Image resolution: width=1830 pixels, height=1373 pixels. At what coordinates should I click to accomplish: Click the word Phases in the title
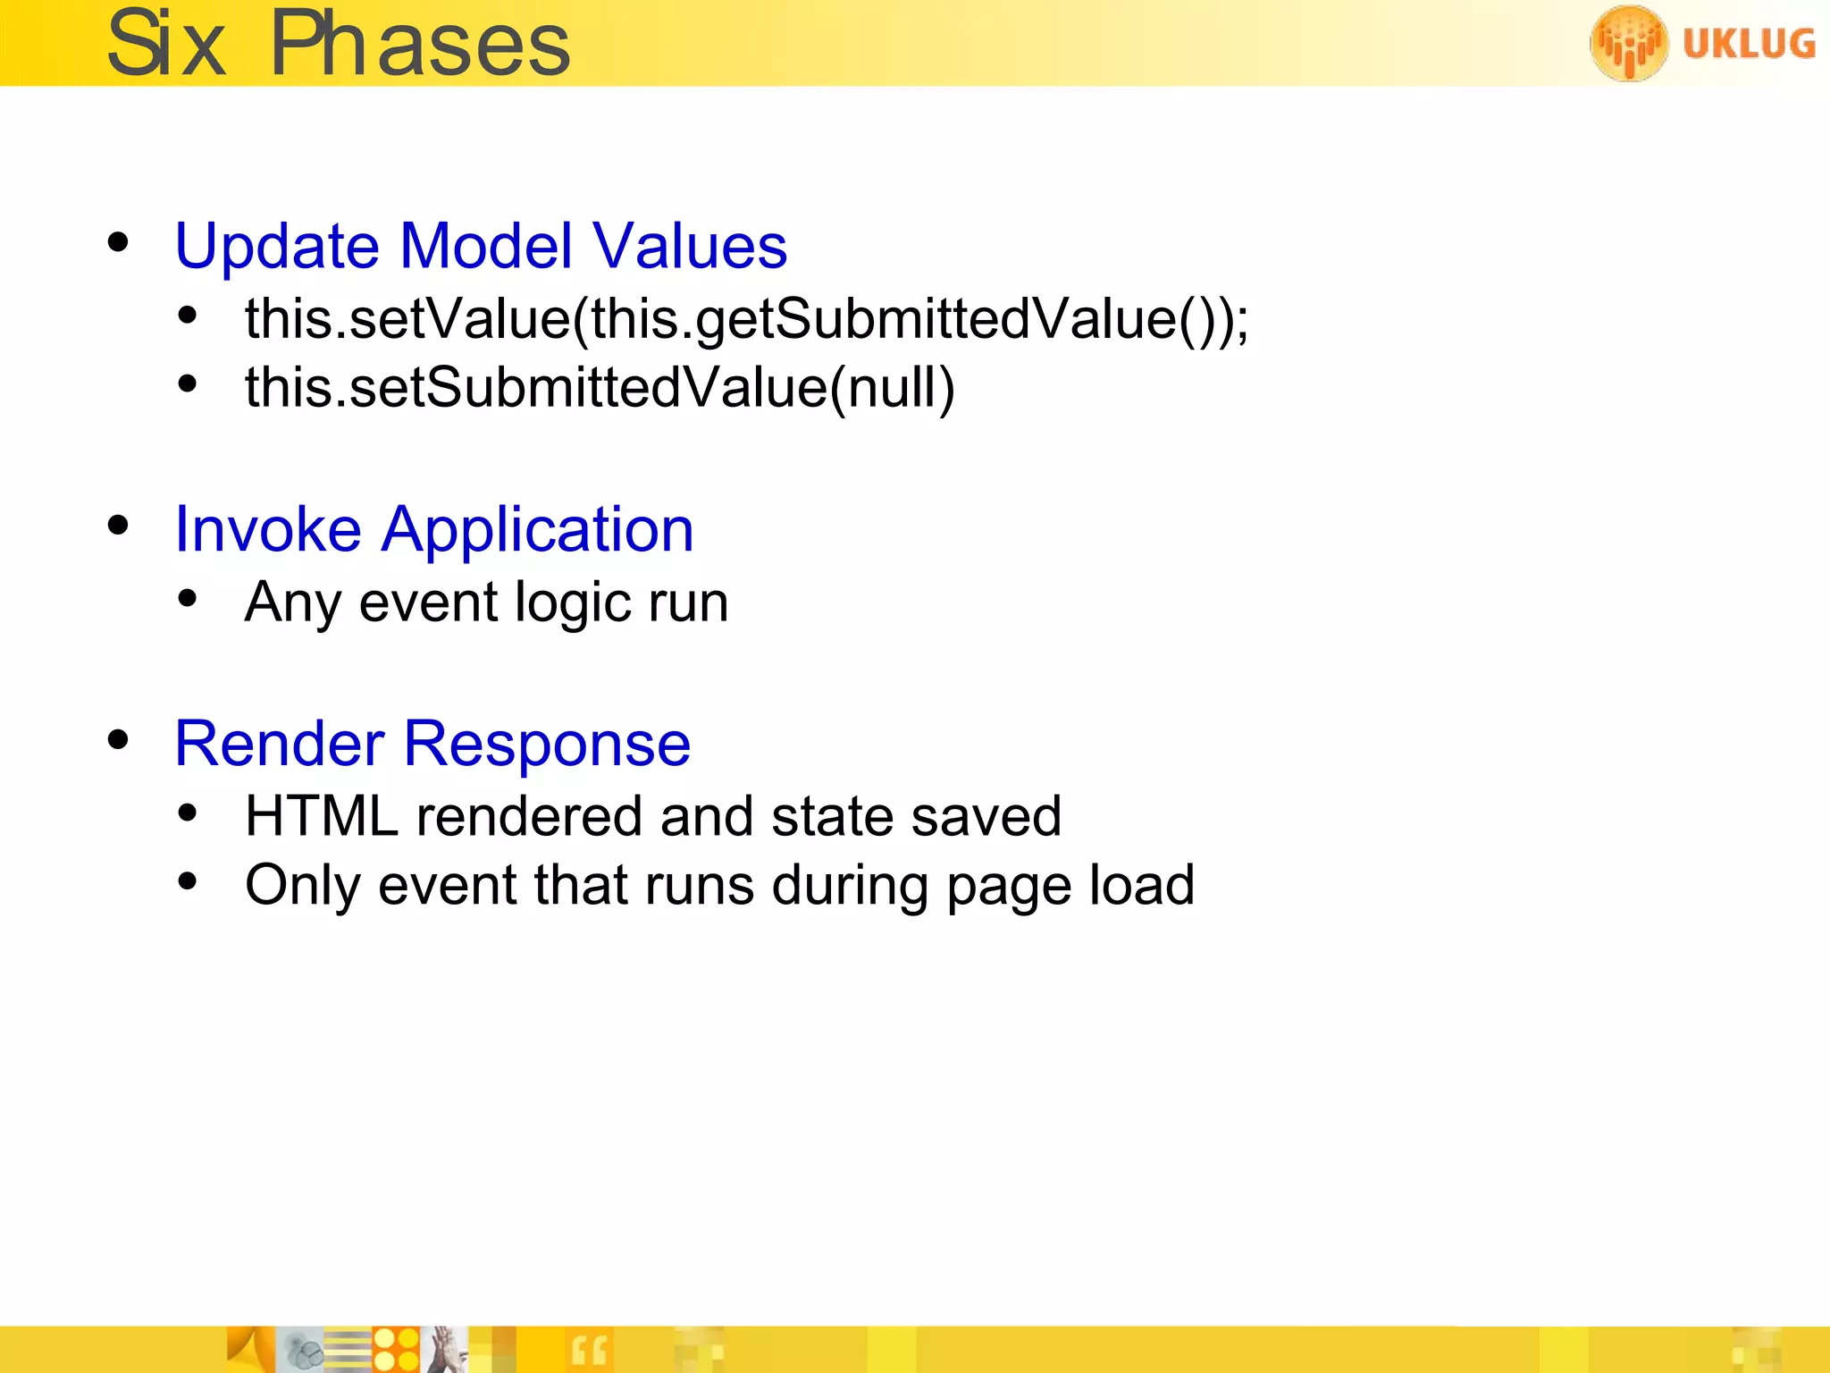(420, 45)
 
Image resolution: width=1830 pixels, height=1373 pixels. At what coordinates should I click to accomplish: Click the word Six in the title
(166, 45)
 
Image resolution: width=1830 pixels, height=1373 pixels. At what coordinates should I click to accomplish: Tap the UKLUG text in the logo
(1749, 44)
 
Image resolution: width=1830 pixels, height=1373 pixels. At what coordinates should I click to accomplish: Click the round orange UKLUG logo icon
(1628, 43)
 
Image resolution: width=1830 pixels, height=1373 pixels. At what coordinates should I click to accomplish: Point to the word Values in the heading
(690, 246)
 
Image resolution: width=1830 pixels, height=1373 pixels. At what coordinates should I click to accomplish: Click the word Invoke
(268, 529)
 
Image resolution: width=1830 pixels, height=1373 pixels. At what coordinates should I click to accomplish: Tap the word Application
(538, 531)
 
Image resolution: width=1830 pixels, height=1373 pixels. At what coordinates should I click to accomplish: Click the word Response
(547, 745)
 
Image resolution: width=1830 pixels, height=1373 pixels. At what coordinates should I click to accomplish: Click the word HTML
(322, 816)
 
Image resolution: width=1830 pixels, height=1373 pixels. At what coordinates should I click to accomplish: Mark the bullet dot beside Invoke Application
(118, 526)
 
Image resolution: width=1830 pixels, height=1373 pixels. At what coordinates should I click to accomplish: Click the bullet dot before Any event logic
(187, 599)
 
